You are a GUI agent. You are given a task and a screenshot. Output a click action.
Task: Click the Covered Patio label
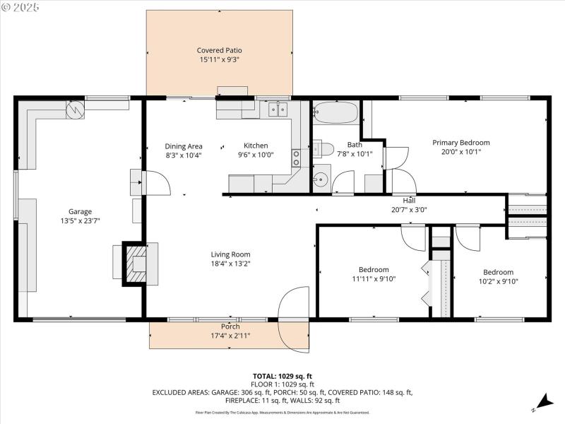click(x=219, y=50)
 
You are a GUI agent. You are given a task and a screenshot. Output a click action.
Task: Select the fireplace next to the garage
click(x=134, y=264)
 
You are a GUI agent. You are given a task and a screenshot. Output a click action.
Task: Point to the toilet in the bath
click(x=324, y=149)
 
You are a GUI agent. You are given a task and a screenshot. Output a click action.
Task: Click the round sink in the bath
click(x=321, y=178)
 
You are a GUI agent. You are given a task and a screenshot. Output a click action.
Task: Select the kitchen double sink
click(x=277, y=109)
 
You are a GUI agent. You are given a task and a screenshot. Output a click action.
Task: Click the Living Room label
click(x=230, y=254)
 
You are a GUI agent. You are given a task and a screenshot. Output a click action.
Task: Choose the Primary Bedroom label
click(x=460, y=142)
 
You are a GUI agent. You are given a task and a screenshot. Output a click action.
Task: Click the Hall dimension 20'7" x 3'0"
click(x=409, y=209)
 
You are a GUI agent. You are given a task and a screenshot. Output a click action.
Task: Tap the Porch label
click(x=230, y=326)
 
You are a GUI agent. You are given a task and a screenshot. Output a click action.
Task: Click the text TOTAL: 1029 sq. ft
click(x=282, y=376)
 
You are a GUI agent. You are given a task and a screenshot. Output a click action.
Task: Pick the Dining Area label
click(x=184, y=146)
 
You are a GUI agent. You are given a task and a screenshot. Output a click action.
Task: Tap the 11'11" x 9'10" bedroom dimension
click(x=373, y=278)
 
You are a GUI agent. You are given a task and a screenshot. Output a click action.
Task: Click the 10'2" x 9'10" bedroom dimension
click(x=498, y=281)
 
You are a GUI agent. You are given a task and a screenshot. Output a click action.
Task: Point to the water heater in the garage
click(x=75, y=109)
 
